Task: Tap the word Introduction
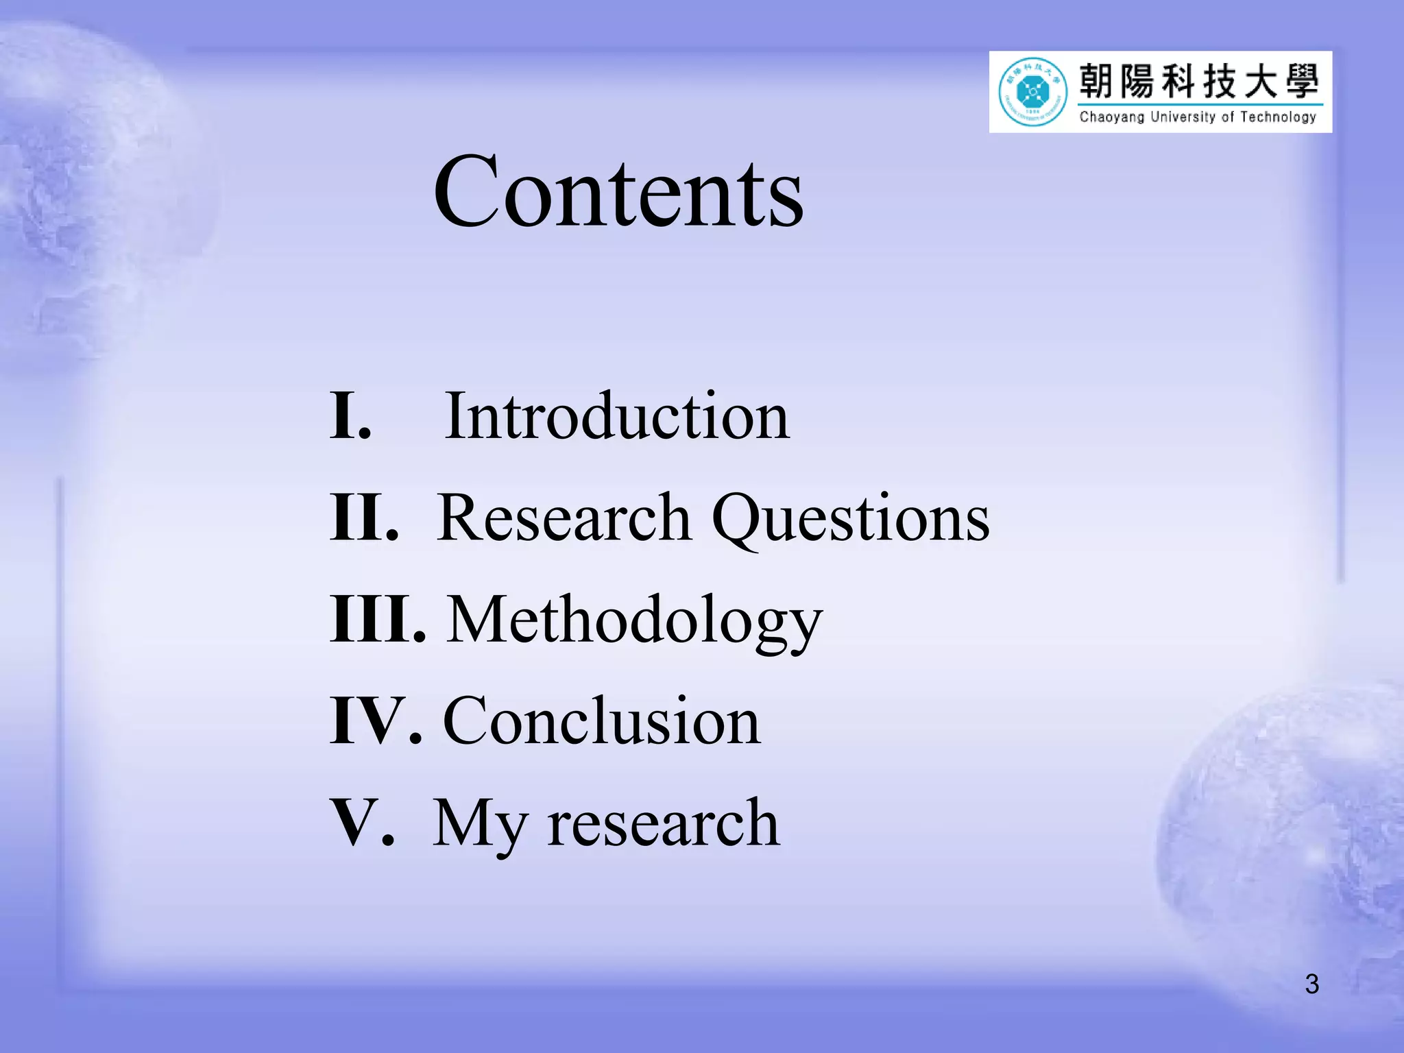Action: click(x=617, y=416)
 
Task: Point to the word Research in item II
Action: click(x=564, y=518)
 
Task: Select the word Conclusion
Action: click(x=602, y=721)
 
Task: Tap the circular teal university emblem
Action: click(x=1032, y=92)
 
